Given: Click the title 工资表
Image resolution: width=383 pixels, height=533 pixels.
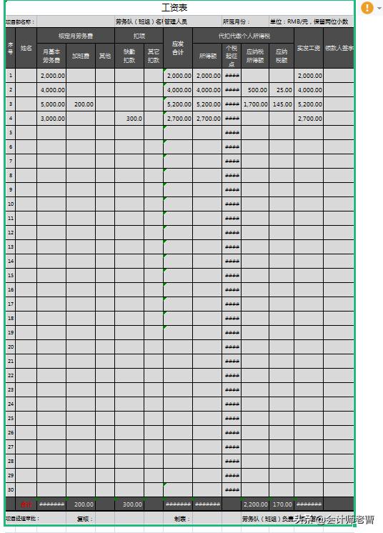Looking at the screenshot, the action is point(175,8).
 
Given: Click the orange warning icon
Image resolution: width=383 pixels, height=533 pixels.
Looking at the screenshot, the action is point(367,8).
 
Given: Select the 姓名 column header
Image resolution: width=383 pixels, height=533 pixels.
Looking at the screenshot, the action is point(26,48).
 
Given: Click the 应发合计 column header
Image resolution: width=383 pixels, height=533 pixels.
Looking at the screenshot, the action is point(178,48).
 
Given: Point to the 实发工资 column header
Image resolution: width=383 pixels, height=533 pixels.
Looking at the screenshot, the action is point(309,48).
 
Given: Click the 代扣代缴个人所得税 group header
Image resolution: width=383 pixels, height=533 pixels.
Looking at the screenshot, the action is point(243,35).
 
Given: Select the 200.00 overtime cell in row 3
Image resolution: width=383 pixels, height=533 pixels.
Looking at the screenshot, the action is point(84,104).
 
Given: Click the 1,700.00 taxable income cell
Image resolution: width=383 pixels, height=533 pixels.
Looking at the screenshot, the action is point(255,104).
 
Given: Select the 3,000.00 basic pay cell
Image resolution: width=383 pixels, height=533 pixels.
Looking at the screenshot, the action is point(53,119).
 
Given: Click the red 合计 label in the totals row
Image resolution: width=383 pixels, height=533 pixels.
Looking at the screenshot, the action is point(26,504).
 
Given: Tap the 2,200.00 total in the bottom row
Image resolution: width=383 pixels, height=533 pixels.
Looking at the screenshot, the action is point(255,504).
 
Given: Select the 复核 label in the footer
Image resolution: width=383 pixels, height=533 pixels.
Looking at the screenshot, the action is point(84,519).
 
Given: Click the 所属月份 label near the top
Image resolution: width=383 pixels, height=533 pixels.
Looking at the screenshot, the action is point(237,22).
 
